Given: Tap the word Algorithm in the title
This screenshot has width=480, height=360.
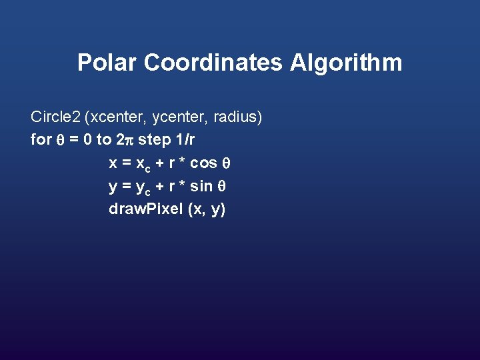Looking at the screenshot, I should pos(347,63).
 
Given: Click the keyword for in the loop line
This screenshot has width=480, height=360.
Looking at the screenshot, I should pos(41,140).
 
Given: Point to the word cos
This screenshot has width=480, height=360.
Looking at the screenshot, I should pos(203,163).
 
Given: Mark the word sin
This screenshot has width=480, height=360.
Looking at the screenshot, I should pos(202,186).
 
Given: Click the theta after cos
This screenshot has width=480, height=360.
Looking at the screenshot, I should pos(226,163).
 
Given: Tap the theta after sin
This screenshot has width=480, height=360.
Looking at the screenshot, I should pos(223,186).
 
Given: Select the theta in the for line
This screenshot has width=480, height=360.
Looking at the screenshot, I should pos(58,141).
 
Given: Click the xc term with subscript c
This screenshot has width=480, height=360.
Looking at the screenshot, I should pos(143,165).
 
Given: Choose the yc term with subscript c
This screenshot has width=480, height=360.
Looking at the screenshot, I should pos(143,187).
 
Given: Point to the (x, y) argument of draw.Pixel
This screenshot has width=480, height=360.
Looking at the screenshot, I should pos(207,209).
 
